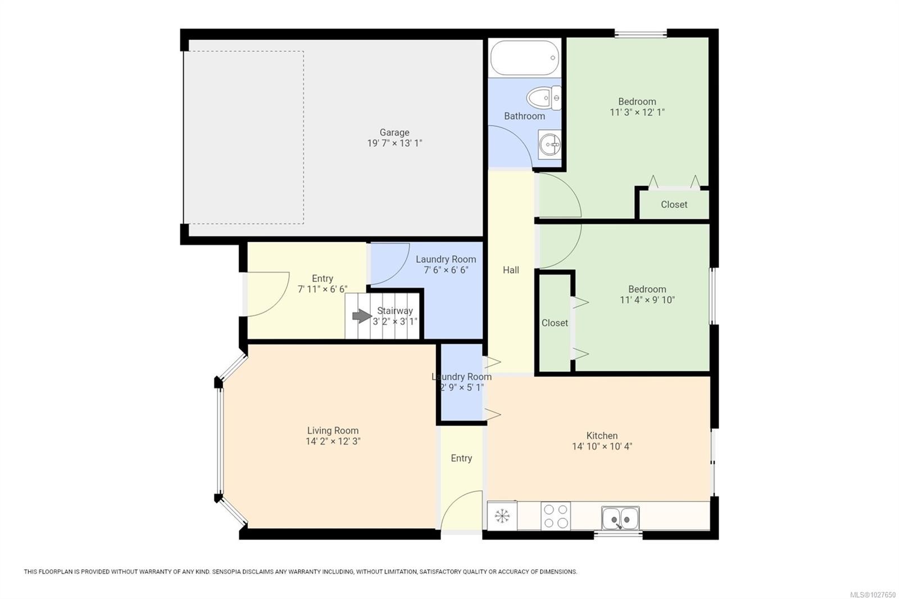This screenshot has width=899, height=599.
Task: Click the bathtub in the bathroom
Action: click(524, 58)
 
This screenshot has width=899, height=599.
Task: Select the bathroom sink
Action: click(549, 146)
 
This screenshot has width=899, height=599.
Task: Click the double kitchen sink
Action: click(620, 518)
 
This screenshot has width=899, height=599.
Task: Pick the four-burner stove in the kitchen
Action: click(555, 516)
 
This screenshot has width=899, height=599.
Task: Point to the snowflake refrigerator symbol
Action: click(502, 516)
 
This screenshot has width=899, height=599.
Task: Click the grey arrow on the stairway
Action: click(361, 316)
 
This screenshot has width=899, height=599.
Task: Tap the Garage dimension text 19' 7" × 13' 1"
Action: click(394, 143)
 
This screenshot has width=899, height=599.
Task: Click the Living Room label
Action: click(333, 430)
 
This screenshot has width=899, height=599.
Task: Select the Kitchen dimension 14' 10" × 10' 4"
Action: click(602, 447)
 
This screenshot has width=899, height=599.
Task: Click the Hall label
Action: click(511, 270)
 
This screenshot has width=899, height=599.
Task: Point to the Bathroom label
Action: click(524, 116)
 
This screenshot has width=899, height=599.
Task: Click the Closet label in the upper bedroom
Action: click(674, 205)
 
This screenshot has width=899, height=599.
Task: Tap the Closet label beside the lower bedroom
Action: click(555, 323)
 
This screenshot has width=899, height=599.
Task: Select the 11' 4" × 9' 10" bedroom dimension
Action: click(647, 300)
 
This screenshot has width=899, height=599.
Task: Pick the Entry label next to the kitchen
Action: click(461, 459)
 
